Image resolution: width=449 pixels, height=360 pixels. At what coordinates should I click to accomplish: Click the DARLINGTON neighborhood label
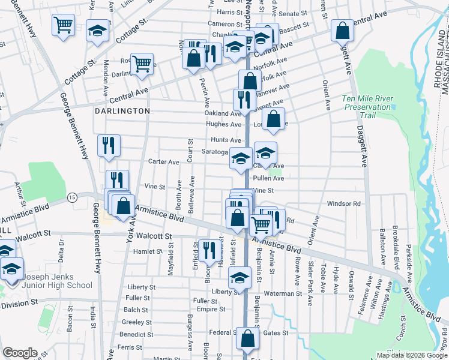(122, 112)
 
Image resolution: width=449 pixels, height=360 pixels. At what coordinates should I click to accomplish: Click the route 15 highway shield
(72, 197)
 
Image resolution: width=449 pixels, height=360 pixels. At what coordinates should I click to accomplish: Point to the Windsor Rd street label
(343, 203)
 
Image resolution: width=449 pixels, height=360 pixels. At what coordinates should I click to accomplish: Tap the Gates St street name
(276, 332)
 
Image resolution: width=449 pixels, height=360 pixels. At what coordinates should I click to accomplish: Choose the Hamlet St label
(144, 251)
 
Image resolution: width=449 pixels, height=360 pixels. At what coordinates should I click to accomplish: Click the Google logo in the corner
(20, 353)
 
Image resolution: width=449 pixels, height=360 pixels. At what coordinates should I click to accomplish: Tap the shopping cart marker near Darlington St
(142, 64)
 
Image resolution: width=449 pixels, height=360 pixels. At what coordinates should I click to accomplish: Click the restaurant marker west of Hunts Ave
(109, 146)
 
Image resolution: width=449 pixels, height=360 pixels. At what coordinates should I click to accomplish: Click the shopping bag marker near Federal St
(247, 338)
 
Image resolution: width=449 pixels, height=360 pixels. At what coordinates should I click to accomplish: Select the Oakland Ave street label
(222, 113)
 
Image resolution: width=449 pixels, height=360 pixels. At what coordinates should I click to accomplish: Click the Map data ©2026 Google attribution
(411, 355)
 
